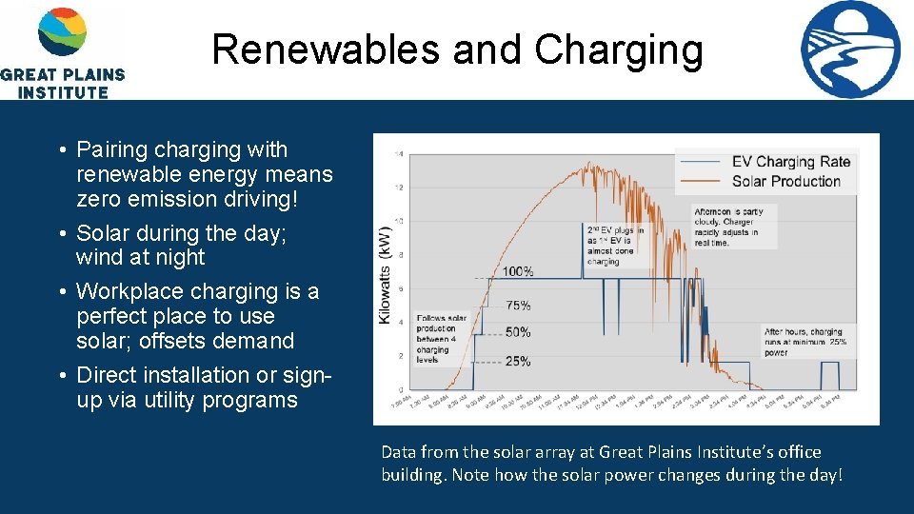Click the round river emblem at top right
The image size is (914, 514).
pos(849,49)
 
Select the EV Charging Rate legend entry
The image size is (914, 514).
pos(789,162)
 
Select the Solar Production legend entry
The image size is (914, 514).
pos(785,181)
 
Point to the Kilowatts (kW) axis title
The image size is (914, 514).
pos(386,275)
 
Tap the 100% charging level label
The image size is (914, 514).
pos(517,272)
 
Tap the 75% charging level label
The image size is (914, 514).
pos(519,306)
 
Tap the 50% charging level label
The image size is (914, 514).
pos(519,332)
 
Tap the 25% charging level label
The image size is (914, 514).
pos(519,361)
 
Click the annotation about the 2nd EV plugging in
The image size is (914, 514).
pos(614,245)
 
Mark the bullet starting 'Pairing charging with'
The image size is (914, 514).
pos(205,174)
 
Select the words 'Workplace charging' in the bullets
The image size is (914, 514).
pos(161,291)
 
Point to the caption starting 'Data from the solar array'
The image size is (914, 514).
pos(611,464)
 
